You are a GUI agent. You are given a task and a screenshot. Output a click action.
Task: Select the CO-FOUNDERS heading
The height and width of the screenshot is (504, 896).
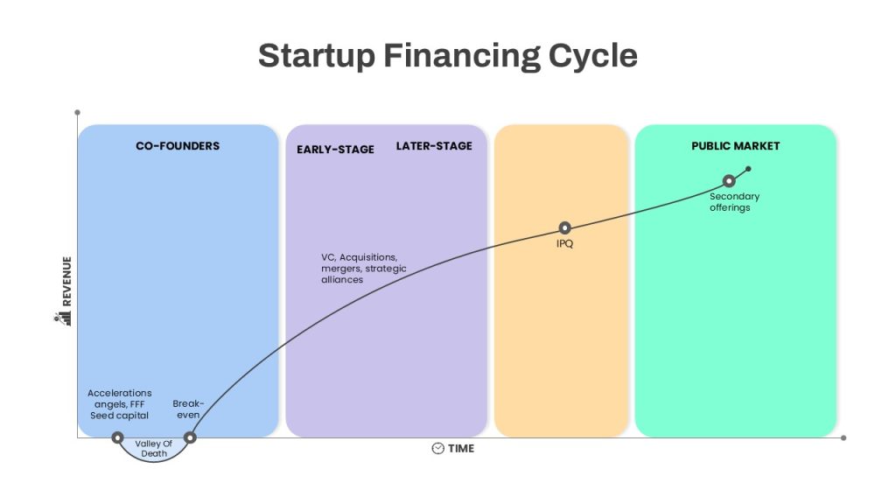(178, 146)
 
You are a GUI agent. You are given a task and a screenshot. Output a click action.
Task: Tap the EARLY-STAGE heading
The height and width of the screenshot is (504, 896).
(335, 150)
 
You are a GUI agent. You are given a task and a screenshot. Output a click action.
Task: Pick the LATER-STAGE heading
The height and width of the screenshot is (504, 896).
(434, 146)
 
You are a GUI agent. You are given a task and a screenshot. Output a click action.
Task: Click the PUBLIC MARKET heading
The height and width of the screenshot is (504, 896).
(735, 146)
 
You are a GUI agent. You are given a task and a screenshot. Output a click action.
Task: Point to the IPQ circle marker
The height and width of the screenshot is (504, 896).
(564, 228)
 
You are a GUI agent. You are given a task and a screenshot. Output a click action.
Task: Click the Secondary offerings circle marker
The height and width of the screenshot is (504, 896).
(729, 181)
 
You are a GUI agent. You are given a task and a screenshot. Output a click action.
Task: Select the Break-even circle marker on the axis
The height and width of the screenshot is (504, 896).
(190, 437)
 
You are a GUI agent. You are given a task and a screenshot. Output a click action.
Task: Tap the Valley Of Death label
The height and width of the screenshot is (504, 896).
(154, 449)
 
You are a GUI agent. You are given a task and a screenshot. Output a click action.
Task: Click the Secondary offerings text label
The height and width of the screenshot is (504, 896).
(734, 202)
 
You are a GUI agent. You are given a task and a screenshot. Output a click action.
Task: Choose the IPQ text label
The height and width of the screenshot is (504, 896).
(564, 243)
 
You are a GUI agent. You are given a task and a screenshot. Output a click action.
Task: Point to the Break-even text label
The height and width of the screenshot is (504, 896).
(188, 409)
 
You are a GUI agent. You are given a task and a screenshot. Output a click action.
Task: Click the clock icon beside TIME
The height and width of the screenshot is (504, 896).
(437, 449)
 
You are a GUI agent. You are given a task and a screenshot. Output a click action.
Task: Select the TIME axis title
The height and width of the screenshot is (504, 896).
(461, 449)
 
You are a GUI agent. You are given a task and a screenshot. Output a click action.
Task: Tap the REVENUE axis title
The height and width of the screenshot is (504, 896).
(66, 281)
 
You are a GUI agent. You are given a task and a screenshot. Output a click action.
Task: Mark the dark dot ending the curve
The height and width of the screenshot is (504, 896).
(749, 169)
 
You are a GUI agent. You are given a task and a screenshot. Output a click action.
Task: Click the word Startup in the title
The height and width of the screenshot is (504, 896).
(317, 57)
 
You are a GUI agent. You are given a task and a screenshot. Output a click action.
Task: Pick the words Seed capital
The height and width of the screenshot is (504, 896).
(119, 416)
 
